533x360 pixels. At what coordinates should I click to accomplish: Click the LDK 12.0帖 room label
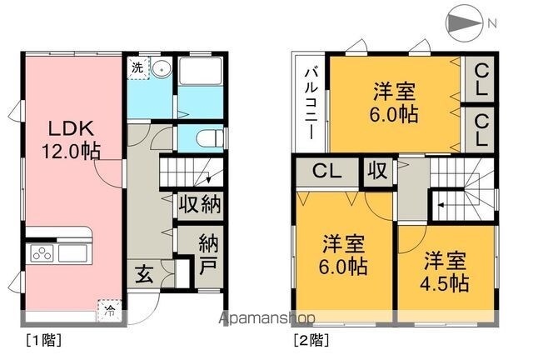click(71, 139)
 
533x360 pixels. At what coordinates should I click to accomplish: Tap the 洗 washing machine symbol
click(138, 67)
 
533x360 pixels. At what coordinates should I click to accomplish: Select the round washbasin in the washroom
click(161, 69)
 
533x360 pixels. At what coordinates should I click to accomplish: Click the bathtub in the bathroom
click(200, 71)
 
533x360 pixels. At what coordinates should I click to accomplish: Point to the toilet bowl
click(209, 138)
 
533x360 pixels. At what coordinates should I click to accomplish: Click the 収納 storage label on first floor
click(200, 204)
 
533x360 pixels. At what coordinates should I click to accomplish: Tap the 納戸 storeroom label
click(208, 254)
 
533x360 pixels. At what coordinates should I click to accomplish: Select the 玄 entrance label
click(144, 274)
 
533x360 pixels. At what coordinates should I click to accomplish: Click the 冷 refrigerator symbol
click(109, 310)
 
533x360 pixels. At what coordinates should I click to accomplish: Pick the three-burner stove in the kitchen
click(42, 254)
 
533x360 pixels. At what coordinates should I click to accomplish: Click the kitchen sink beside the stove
click(72, 253)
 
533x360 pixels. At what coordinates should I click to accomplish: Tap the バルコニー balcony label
click(311, 104)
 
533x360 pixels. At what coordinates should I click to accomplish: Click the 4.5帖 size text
click(445, 283)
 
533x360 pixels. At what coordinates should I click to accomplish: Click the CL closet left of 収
click(327, 171)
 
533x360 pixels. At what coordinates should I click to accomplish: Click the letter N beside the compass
click(492, 23)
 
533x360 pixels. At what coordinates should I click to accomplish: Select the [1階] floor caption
click(44, 340)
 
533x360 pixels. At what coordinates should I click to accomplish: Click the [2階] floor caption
click(311, 340)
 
